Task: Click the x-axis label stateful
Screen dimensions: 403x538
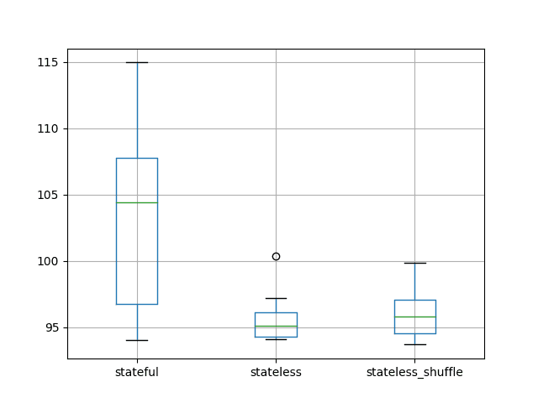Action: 137,372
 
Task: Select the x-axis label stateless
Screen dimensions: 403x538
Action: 276,372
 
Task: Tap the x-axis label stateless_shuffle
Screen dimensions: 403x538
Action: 414,372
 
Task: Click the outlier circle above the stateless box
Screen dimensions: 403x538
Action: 276,256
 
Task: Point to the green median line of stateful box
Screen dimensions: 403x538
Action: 137,202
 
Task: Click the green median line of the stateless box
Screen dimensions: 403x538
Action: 276,326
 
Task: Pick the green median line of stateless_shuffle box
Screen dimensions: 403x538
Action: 414,317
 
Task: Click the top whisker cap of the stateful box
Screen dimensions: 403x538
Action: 137,62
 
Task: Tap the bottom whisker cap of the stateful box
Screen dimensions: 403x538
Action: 137,340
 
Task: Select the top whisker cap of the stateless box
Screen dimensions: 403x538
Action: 276,298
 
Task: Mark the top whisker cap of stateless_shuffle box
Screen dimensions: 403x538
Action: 414,263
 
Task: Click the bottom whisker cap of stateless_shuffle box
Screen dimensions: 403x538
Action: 414,344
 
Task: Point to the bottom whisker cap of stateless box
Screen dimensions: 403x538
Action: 276,339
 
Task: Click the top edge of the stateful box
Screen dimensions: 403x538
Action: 137,158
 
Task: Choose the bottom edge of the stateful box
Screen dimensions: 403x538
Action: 137,304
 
